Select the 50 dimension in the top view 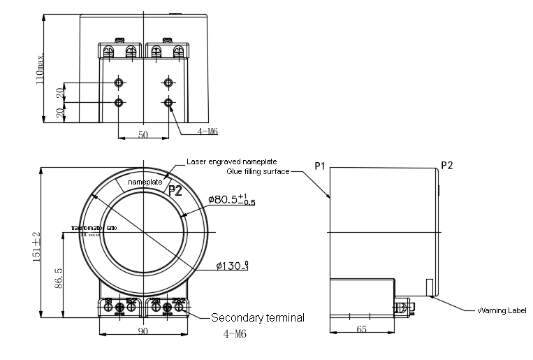click(143, 134)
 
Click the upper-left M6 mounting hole click(119, 83)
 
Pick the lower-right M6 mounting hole click(168, 103)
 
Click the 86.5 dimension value click(59, 278)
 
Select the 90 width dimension click(142, 331)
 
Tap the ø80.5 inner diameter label click(232, 200)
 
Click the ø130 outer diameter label click(233, 266)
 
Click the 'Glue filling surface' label click(258, 171)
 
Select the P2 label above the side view click(447, 166)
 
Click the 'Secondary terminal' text click(257, 318)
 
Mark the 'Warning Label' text click(502, 310)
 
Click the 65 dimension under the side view click(361, 329)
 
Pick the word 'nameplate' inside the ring click(144, 182)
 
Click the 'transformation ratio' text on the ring click(94, 228)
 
